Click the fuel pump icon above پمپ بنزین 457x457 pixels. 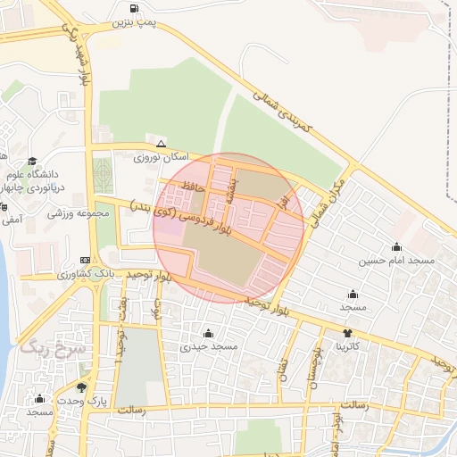pyautogui.click(x=135, y=10)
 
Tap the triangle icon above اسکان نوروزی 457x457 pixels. pyautogui.click(x=161, y=143)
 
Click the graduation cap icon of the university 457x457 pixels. pyautogui.click(x=32, y=162)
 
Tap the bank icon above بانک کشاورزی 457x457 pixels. pyautogui.click(x=85, y=260)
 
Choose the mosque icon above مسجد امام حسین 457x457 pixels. pyautogui.click(x=396, y=247)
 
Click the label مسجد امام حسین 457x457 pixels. pyautogui.click(x=396, y=261)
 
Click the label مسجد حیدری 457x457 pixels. pyautogui.click(x=206, y=345)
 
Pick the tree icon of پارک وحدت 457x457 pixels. pyautogui.click(x=82, y=387)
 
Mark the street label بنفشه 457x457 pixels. pyautogui.click(x=231, y=190)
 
